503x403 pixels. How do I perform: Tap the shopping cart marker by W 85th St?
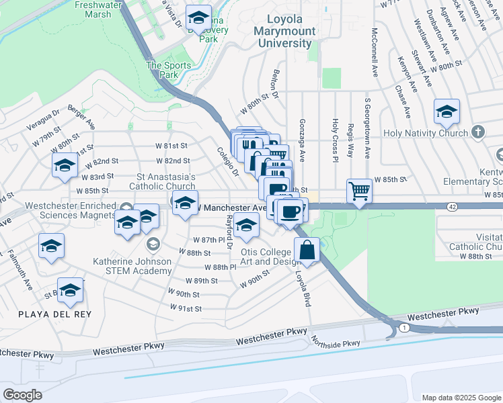coord(360,191)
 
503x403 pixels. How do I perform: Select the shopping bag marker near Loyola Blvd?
coord(307,250)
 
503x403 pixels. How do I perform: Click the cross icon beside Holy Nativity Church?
coord(478,132)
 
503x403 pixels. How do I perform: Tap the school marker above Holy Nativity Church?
coord(447,112)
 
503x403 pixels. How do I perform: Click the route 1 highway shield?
coord(402,327)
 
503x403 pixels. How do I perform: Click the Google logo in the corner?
coord(22,394)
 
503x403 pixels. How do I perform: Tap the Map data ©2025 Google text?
coord(461,398)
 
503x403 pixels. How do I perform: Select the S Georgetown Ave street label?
coord(368,129)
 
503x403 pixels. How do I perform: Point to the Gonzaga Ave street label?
coord(302,140)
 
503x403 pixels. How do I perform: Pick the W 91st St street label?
coord(187,308)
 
